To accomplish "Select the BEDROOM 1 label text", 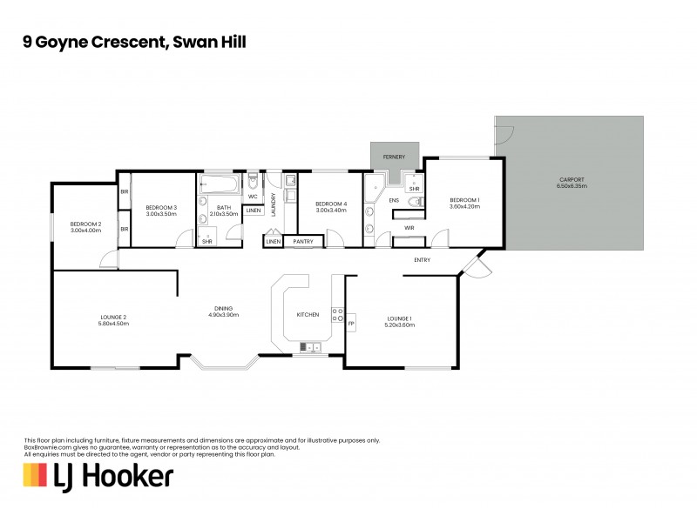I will point(464,201).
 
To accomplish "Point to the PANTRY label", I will point(303,241).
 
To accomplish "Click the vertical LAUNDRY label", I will point(273,204).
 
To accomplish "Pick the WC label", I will point(252,196).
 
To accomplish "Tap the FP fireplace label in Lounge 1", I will point(351,324).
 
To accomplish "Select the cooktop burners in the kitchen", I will point(337,314).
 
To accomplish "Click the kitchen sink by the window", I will point(308,348).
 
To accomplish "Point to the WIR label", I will point(409,228).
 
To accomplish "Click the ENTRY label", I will point(422,259).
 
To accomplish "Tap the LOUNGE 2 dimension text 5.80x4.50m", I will point(114,324).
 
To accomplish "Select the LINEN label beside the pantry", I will point(274,241).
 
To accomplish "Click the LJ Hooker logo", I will point(98,476).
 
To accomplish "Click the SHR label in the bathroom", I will point(207,241).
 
